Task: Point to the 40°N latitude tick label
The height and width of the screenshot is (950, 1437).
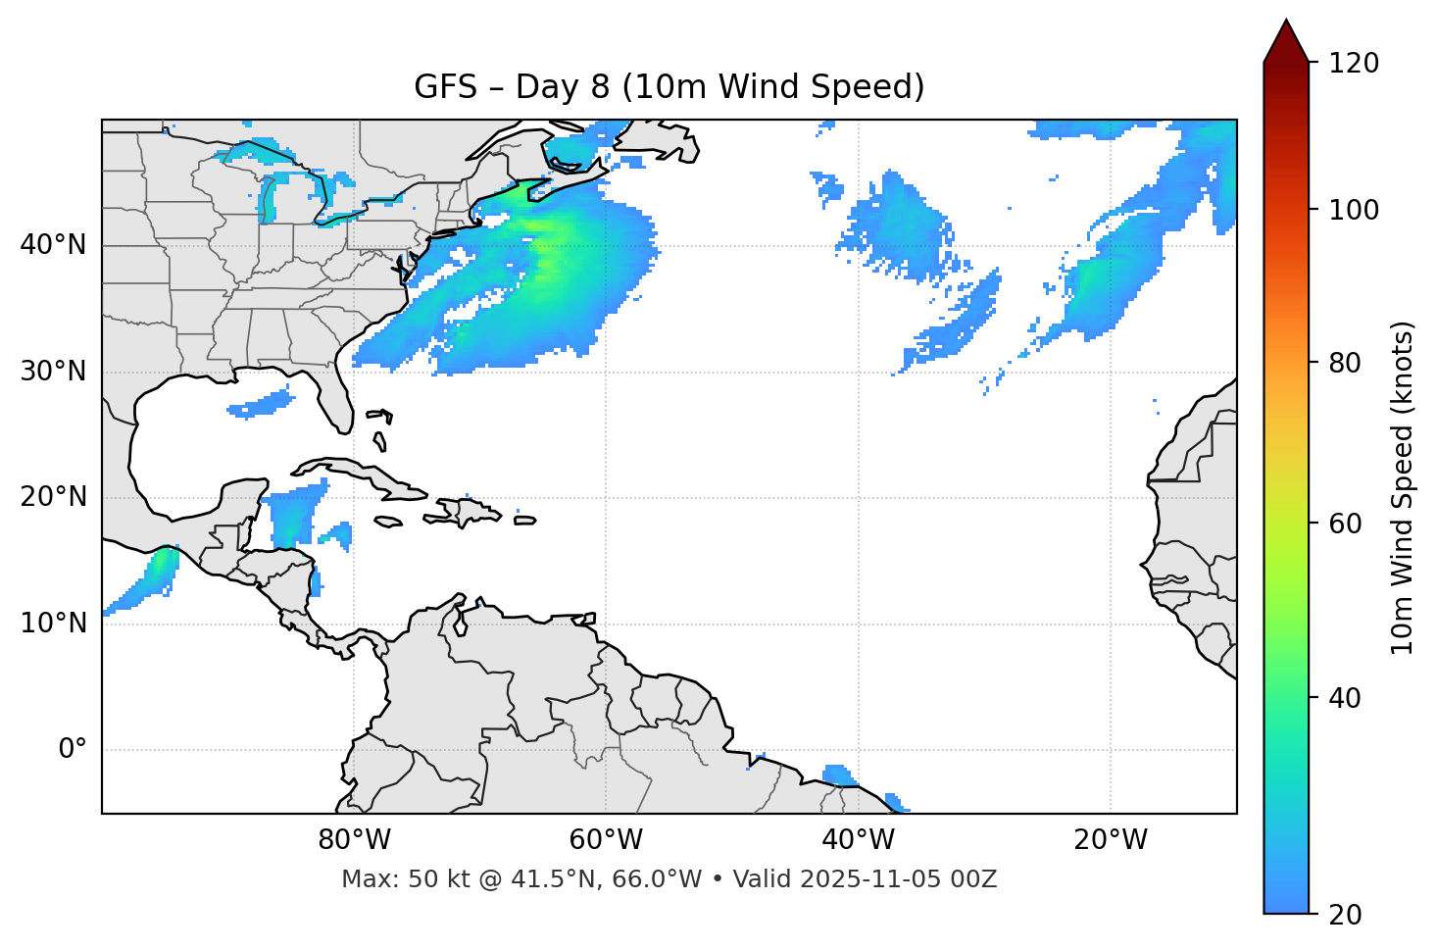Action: pyautogui.click(x=53, y=245)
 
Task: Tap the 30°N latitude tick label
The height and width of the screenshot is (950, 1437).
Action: pyautogui.click(x=53, y=372)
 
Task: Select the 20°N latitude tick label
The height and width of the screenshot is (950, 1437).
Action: pyautogui.click(x=53, y=497)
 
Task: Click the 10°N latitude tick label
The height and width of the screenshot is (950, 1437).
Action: pyautogui.click(x=53, y=624)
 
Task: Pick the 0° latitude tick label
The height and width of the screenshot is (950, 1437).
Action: pyautogui.click(x=73, y=750)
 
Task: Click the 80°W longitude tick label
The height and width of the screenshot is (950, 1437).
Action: pyautogui.click(x=354, y=840)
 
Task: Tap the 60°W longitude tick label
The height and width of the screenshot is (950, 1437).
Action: pyautogui.click(x=606, y=840)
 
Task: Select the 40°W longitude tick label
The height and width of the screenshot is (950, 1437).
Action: pyautogui.click(x=858, y=840)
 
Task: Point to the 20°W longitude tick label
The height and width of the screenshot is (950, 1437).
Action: pyautogui.click(x=1110, y=840)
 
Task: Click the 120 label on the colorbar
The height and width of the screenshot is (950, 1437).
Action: pyautogui.click(x=1354, y=64)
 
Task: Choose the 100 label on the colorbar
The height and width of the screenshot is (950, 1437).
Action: pyautogui.click(x=1354, y=210)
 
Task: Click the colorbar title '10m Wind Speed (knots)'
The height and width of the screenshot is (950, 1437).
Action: pyautogui.click(x=1403, y=487)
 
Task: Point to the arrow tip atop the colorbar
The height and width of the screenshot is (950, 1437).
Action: pyautogui.click(x=1286, y=22)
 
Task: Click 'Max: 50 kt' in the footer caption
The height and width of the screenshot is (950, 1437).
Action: pyautogui.click(x=393, y=879)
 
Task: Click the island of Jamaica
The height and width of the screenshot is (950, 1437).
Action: pyautogui.click(x=388, y=522)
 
